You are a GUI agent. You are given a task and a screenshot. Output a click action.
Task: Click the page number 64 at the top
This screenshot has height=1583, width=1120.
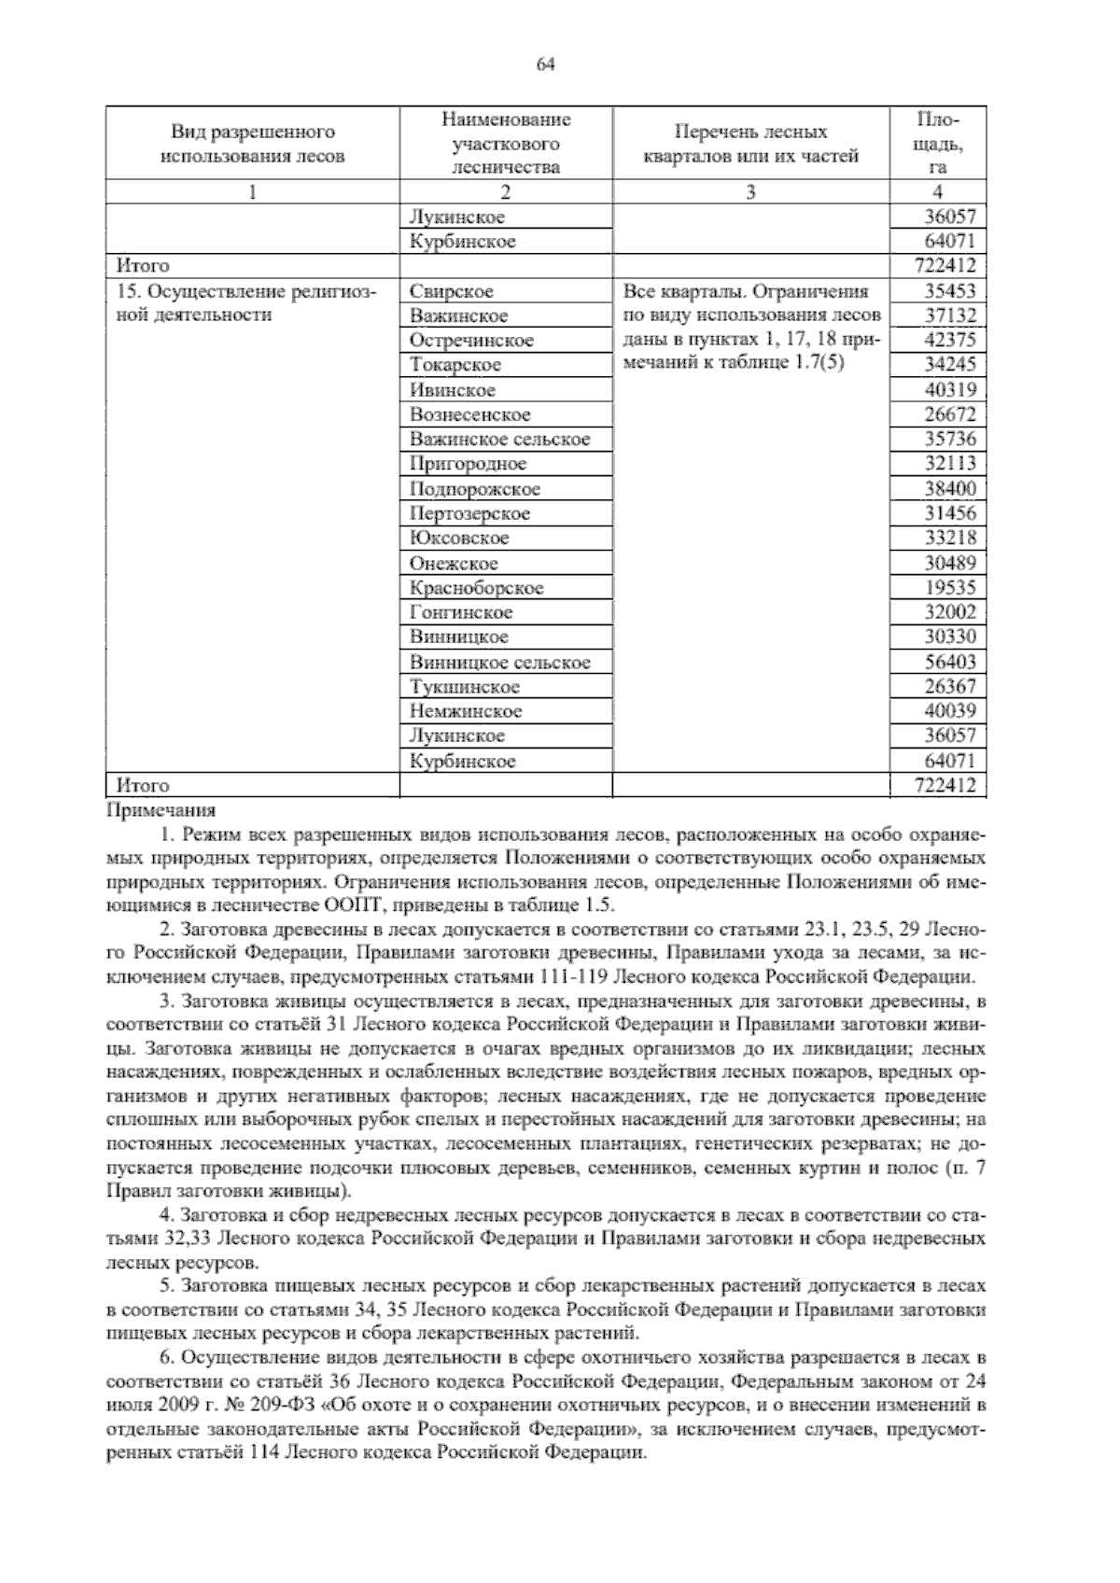[547, 63]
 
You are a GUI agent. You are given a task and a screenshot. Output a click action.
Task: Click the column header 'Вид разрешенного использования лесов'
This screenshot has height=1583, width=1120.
[252, 144]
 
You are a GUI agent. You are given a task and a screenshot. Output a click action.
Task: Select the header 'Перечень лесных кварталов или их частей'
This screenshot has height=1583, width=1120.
[750, 144]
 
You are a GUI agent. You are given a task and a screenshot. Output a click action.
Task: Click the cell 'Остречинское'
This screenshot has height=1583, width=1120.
[471, 341]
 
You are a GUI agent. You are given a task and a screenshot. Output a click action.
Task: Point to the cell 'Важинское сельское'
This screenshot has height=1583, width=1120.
[499, 440]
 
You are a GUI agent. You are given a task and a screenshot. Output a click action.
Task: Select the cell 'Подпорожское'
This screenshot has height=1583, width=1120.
[474, 489]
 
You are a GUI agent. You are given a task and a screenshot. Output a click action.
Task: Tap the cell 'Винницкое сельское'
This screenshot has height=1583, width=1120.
[499, 663]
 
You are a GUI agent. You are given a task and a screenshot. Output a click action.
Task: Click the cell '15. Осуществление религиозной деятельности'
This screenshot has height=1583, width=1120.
[245, 303]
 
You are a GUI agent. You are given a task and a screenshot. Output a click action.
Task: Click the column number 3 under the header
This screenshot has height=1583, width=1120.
[750, 192]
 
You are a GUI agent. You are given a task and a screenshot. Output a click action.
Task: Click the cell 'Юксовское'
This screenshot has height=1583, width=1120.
[458, 539]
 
